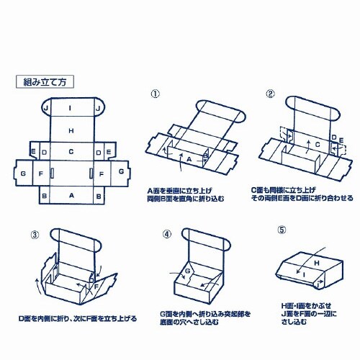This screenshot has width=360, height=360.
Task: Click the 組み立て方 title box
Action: [45, 82]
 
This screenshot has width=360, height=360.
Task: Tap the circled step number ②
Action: [270, 94]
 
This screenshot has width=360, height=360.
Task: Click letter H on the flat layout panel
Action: [71, 130]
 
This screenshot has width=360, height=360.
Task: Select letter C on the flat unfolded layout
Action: [71, 152]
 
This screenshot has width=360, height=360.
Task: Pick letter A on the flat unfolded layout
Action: [71, 195]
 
